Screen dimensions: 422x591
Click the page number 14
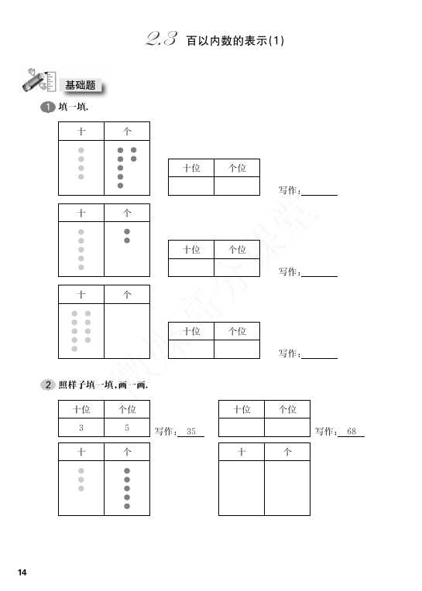click(22, 572)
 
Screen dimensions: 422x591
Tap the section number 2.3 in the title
click(161, 39)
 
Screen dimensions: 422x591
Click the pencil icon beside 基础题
click(38, 80)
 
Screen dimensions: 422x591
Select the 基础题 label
click(81, 85)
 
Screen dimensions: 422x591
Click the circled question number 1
click(47, 107)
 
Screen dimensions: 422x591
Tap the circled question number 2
click(47, 384)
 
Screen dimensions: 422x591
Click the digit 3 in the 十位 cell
click(81, 428)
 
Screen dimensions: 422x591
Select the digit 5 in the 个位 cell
click(127, 428)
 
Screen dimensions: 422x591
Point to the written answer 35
click(190, 431)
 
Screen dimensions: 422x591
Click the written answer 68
click(351, 431)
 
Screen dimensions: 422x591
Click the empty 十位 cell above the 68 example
click(242, 428)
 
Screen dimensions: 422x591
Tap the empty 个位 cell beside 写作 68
click(287, 428)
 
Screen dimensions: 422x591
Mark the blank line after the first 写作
click(320, 195)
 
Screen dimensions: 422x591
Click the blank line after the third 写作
click(320, 358)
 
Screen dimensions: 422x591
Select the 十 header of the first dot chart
click(81, 132)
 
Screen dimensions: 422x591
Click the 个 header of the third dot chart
click(127, 295)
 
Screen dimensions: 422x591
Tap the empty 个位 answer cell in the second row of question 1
click(237, 267)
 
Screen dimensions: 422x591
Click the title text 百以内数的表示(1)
click(235, 40)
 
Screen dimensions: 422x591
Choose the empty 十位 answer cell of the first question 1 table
click(190, 186)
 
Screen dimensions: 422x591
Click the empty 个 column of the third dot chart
click(127, 330)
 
